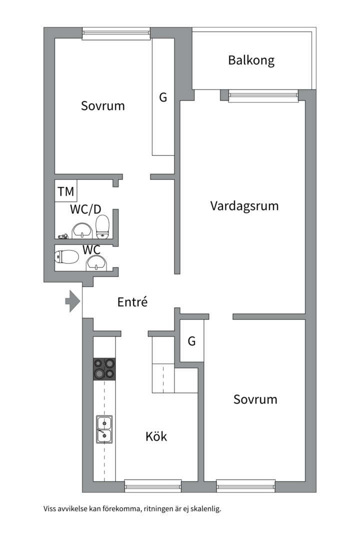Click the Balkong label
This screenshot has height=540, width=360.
[x=251, y=60]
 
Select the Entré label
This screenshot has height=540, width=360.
[x=132, y=302]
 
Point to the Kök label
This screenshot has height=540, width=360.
[x=156, y=436]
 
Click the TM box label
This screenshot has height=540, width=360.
[x=65, y=191]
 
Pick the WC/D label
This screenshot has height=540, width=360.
[x=81, y=209]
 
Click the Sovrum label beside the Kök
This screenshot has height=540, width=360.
[x=255, y=399]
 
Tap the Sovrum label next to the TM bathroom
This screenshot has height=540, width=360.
[x=103, y=106]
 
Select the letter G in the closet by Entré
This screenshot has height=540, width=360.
[x=191, y=341]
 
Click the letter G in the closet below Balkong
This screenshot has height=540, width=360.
[x=163, y=97]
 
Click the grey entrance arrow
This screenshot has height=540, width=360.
[x=72, y=301]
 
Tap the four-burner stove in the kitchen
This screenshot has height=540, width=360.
[x=104, y=369]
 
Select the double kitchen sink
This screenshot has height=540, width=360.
[x=104, y=429]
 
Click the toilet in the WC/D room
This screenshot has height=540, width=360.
[x=102, y=226]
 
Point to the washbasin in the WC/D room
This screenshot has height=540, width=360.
[x=81, y=231]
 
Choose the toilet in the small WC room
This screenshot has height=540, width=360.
[x=67, y=257]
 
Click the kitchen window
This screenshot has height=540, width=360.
[x=152, y=485]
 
